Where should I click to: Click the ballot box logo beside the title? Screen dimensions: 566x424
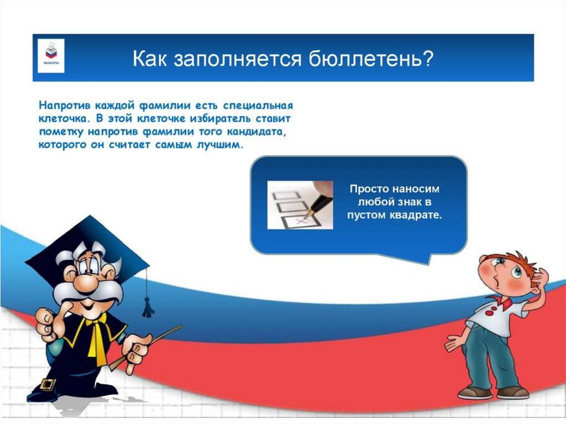(x=51, y=56)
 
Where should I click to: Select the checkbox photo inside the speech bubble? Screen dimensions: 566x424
(x=300, y=205)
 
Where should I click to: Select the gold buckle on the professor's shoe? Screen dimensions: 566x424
(x=48, y=384)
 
